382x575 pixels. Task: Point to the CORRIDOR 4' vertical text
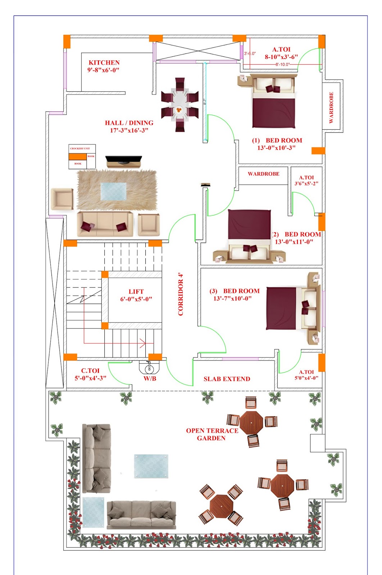point(181,294)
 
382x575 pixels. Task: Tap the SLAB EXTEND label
point(227,379)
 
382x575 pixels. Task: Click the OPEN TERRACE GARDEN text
point(212,434)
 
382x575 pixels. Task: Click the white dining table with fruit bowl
point(179,104)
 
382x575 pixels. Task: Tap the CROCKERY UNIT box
point(79,148)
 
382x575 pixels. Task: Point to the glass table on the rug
point(113,191)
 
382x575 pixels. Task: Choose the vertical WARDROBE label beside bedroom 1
point(331,107)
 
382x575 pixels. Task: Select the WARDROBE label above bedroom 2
point(263,174)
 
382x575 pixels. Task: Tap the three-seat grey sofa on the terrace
point(141,515)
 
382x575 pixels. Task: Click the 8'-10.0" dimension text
point(282,64)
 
